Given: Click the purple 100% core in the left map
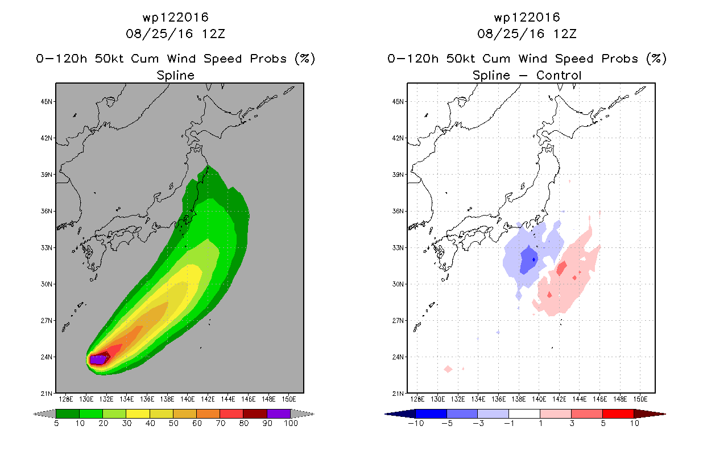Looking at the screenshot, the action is pos(98,359).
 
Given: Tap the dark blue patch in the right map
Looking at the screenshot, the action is pos(529,259).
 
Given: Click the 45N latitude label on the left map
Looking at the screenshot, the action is pos(47,102).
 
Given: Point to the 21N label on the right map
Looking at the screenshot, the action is pos(398,394).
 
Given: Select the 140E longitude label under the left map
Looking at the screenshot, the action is pos(187,399).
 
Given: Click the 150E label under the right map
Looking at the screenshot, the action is pos(640,399).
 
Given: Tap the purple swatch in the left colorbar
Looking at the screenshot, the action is pos(279,413).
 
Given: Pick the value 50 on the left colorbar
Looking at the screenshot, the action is pos(173,423).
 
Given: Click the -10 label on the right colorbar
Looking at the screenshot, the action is pos(416,423).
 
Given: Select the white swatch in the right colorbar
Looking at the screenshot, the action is pos(524,413).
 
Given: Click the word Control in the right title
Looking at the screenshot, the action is pos(559,75).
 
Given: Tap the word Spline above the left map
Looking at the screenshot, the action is pos(175,76).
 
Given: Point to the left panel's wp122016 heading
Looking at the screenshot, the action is pos(175,17).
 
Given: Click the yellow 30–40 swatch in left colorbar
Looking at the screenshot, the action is pos(138,413).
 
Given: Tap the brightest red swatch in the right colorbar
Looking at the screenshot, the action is pos(618,413).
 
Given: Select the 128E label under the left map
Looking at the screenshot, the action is pos(66,399).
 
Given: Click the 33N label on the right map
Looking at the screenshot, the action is pos(398,247).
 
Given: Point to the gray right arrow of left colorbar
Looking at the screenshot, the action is pos(303,414).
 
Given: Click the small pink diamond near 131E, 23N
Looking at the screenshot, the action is pos(448,369).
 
